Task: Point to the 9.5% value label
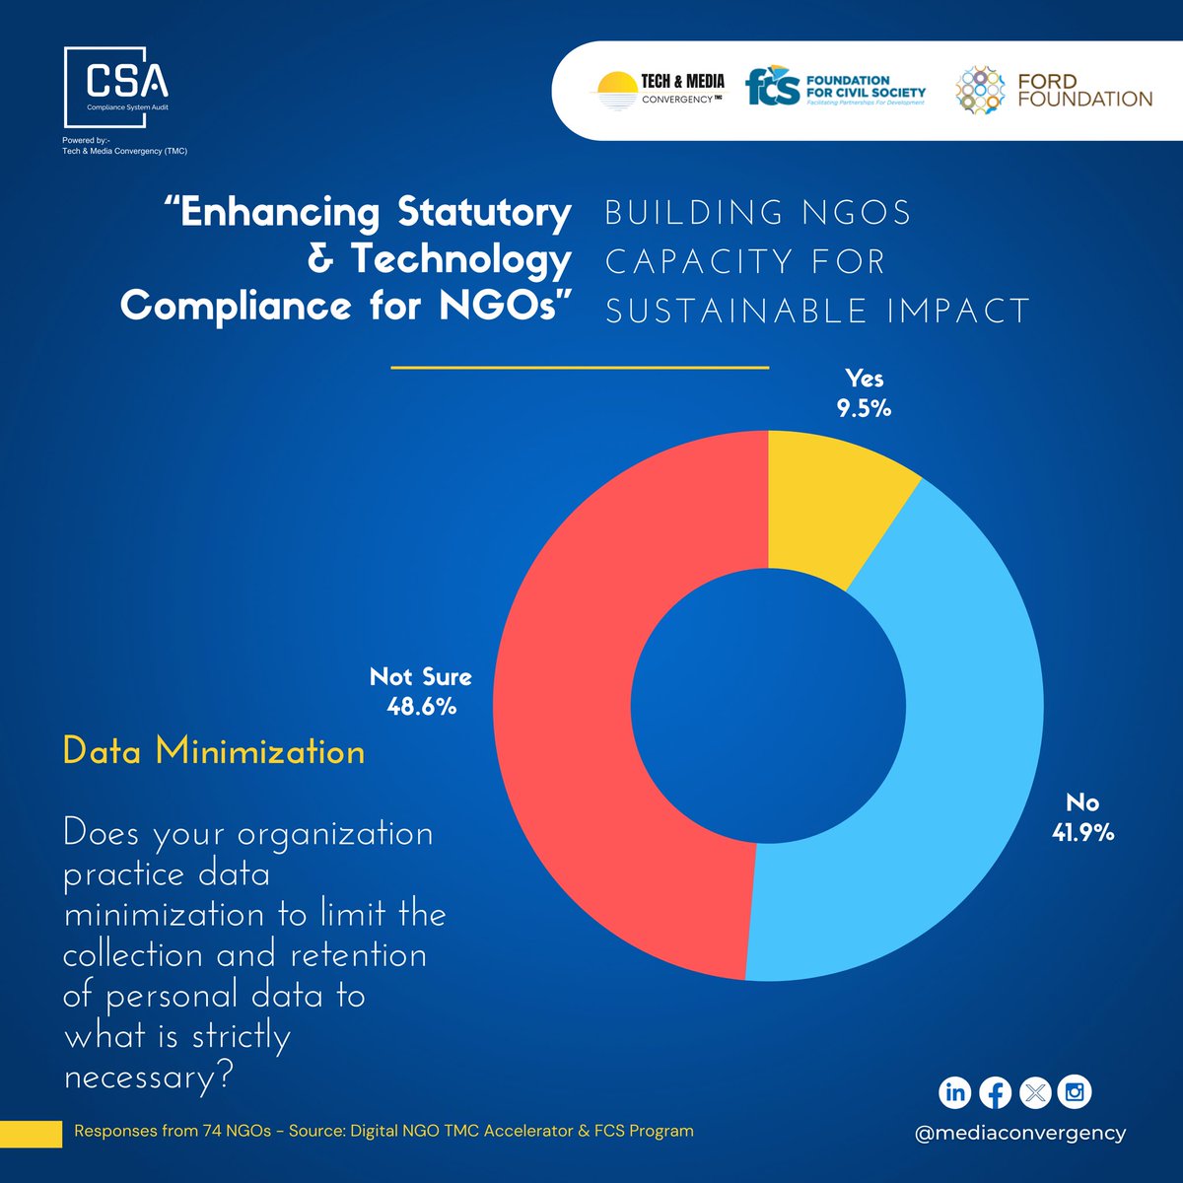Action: (x=865, y=408)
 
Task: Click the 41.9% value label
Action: (x=1082, y=833)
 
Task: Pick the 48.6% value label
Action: (x=421, y=707)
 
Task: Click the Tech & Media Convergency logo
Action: (x=658, y=90)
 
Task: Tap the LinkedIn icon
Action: (x=954, y=1092)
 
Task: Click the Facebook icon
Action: (x=995, y=1092)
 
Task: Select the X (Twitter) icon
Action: (x=1035, y=1092)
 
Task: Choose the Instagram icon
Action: (x=1075, y=1092)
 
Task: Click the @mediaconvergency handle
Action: (x=1020, y=1133)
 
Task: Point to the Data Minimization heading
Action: (x=214, y=752)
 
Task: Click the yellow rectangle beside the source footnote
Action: (x=31, y=1134)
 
